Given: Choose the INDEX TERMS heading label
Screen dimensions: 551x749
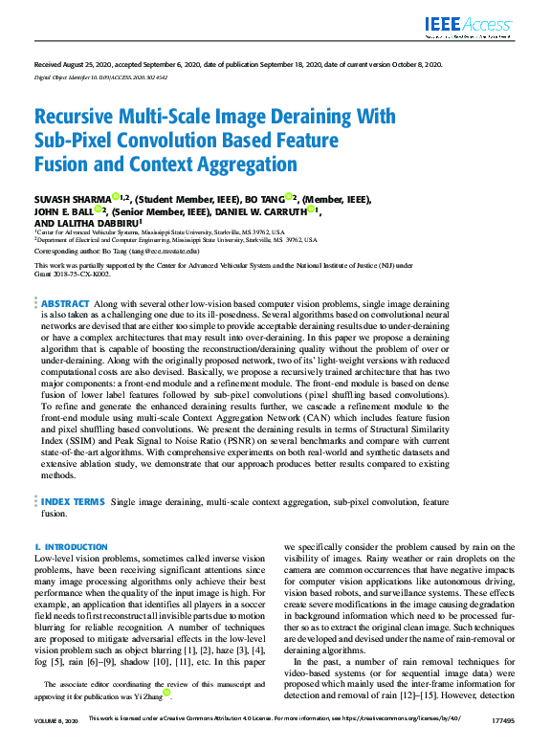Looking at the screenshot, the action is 73,501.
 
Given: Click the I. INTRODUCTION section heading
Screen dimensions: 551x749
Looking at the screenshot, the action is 72,547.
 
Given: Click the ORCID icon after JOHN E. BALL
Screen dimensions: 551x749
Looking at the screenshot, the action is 98,210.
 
